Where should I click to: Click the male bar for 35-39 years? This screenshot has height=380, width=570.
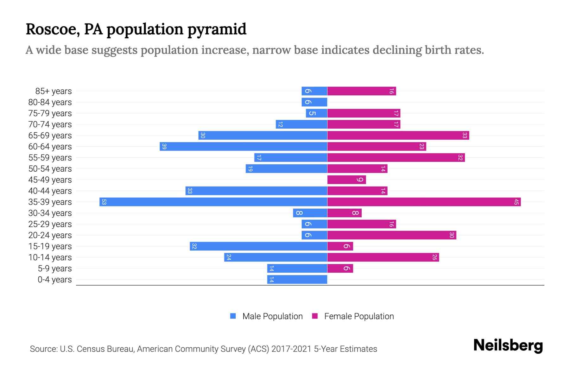click(x=213, y=202)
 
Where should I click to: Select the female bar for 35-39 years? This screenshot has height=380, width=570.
click(x=424, y=202)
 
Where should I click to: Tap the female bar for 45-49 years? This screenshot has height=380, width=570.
click(x=346, y=180)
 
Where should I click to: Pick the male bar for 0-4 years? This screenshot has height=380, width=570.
click(x=297, y=279)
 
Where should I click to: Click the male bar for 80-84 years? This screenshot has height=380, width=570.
click(x=314, y=102)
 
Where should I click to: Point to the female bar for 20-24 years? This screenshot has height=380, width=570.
click(x=391, y=235)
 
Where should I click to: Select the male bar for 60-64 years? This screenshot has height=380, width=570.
click(x=243, y=146)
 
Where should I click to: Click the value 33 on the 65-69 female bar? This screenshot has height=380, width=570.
click(x=465, y=135)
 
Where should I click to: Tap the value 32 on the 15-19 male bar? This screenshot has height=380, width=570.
click(x=194, y=246)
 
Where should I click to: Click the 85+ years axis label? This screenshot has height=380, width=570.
click(x=54, y=91)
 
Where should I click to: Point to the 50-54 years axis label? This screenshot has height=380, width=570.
click(x=50, y=169)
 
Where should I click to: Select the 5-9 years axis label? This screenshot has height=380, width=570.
click(x=55, y=269)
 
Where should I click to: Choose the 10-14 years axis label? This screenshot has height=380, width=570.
click(x=50, y=257)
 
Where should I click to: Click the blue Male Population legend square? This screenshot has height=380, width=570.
click(x=233, y=316)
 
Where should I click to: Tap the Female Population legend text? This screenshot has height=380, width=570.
click(x=359, y=316)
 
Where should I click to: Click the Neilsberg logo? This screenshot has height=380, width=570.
click(x=508, y=345)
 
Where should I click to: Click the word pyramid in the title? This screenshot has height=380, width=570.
click(x=217, y=29)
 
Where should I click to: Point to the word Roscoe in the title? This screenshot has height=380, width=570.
click(x=53, y=29)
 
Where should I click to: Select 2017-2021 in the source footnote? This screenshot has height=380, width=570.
click(x=291, y=349)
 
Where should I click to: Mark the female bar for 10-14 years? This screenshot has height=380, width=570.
click(x=383, y=257)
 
